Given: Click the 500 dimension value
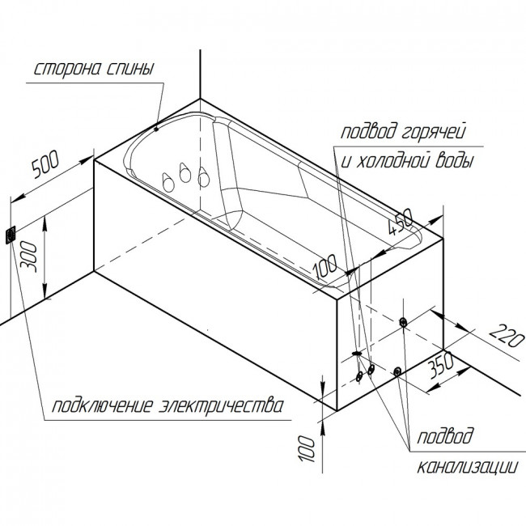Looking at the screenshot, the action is click(x=45, y=164).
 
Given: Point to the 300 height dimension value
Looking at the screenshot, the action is click(x=28, y=257).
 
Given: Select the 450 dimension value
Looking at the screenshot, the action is click(x=401, y=222).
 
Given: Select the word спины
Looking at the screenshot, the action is click(x=130, y=69).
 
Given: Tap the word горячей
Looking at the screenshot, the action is click(x=434, y=132).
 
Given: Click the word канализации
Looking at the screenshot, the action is click(x=468, y=466).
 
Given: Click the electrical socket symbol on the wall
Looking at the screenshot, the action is click(x=11, y=235).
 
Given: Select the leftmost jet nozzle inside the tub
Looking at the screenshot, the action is click(x=168, y=183).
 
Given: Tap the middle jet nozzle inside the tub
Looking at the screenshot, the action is click(x=185, y=172).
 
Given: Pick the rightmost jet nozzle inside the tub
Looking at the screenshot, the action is click(x=203, y=176).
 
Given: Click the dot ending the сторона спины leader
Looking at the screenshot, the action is click(x=156, y=129).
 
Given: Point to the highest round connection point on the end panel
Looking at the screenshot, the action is click(x=403, y=323).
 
